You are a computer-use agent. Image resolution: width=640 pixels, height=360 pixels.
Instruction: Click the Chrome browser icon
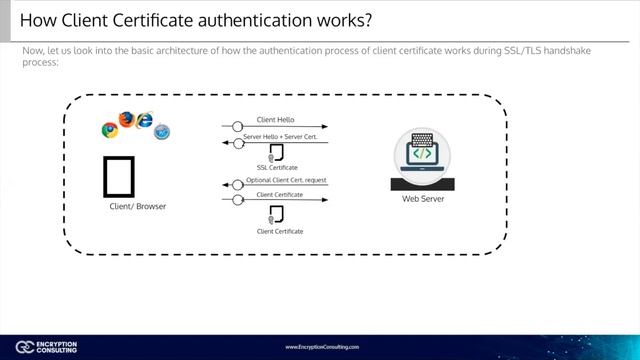click(110, 129)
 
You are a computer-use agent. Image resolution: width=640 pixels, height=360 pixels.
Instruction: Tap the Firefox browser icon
click(126, 120)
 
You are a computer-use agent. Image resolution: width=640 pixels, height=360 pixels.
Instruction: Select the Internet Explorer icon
click(144, 121)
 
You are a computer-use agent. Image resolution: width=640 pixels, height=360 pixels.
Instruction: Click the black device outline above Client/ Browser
click(118, 175)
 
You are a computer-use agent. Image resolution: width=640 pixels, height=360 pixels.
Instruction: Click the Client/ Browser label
click(137, 206)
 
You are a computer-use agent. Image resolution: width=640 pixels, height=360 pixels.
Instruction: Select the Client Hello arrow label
click(275, 120)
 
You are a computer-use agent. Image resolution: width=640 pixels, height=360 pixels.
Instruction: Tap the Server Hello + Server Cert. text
click(280, 135)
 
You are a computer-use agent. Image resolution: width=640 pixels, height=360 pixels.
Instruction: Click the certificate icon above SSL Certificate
click(276, 153)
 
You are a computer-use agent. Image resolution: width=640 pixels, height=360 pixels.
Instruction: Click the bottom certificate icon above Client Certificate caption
click(276, 214)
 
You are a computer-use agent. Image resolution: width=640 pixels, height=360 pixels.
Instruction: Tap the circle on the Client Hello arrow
click(238, 127)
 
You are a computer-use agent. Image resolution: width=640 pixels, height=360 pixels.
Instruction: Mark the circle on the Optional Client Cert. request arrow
click(238, 186)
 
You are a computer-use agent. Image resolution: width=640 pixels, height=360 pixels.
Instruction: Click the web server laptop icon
click(422, 161)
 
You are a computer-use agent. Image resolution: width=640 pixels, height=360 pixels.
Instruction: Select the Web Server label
click(423, 199)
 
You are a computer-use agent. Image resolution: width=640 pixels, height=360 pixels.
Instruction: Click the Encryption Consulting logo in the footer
click(40, 345)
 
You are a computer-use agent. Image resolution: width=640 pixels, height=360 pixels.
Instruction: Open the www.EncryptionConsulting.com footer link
click(322, 346)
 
